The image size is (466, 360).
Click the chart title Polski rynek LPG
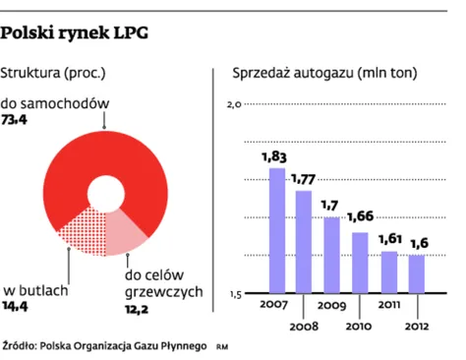click(x=76, y=33)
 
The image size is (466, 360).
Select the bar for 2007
click(x=277, y=230)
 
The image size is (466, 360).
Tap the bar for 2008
click(x=304, y=241)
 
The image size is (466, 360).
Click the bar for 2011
click(x=389, y=271)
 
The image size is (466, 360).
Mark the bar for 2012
click(x=417, y=273)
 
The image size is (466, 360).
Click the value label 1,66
click(x=362, y=217)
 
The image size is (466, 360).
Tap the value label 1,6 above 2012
click(x=418, y=242)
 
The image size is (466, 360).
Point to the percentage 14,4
click(x=18, y=307)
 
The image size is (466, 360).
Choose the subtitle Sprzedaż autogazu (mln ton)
click(x=324, y=74)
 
